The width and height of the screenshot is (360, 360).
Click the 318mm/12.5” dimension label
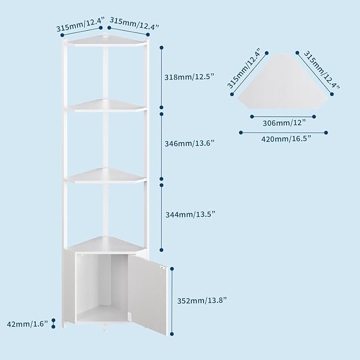189,77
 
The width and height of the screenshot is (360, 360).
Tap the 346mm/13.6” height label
189,144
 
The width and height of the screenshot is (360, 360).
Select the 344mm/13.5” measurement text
190,214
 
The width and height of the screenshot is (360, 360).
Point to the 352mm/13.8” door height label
202,301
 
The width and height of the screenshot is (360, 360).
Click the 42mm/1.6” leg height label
28,324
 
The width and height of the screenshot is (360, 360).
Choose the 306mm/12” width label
284,123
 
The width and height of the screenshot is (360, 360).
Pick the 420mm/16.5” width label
286,139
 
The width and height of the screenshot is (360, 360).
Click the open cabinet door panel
147,294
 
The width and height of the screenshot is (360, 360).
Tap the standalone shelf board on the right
283,81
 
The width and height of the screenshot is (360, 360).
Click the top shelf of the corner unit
106,41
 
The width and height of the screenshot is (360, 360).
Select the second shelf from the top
106,106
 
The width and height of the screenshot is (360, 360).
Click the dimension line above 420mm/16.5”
283,133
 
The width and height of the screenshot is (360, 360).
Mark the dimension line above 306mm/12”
283,117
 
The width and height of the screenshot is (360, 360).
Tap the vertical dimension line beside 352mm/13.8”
172,301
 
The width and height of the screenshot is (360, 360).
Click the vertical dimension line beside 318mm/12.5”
162,77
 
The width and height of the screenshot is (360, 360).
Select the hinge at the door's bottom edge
129,317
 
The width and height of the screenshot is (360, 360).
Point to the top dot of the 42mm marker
53,320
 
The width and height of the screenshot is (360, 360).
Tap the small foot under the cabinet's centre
105,327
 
